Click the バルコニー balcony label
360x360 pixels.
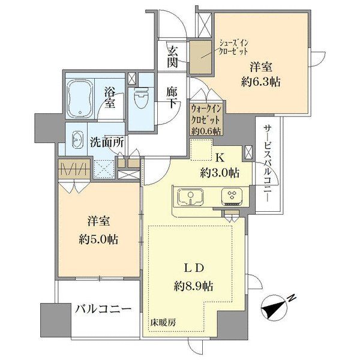click(103, 310)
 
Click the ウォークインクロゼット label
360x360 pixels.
click(206, 118)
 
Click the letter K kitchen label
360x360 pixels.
click(220, 158)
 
